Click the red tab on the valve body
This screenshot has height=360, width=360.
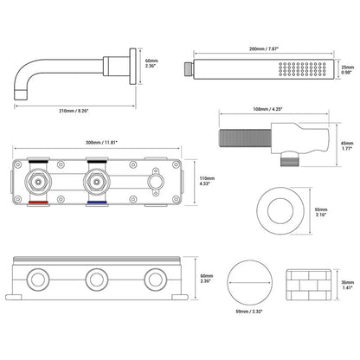39,203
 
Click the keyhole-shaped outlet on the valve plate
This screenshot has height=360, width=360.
157,183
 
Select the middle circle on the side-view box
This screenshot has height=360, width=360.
93,279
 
